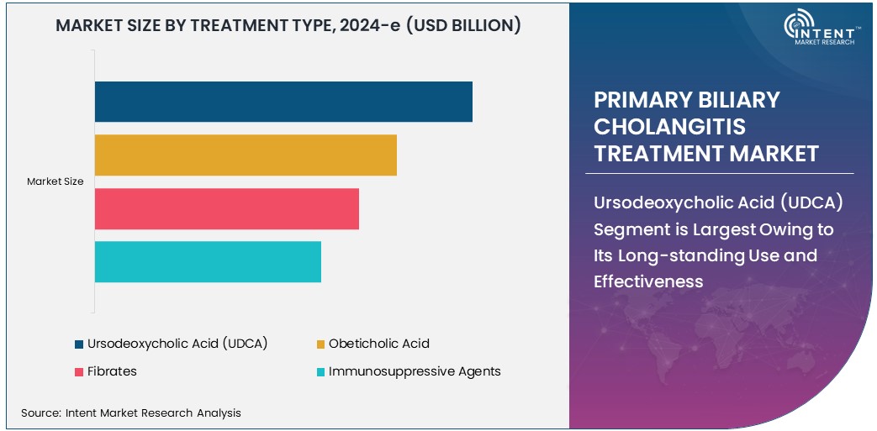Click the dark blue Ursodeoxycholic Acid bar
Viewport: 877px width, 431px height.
283,102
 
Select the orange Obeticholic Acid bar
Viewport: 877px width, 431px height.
246,155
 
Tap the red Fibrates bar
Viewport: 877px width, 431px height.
226,208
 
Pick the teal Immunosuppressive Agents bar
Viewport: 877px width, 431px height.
208,261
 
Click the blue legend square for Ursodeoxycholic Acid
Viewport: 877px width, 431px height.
79,344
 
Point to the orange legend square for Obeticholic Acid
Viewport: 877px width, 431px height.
320,344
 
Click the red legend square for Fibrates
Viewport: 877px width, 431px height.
79,371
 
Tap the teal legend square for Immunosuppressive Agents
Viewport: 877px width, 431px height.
320,371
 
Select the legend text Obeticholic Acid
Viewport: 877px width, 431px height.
378,344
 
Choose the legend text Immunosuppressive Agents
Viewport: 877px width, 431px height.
415,371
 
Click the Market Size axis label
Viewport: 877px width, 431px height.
55,181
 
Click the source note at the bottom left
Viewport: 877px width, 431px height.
131,413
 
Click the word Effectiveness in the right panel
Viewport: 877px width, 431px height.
648,281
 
